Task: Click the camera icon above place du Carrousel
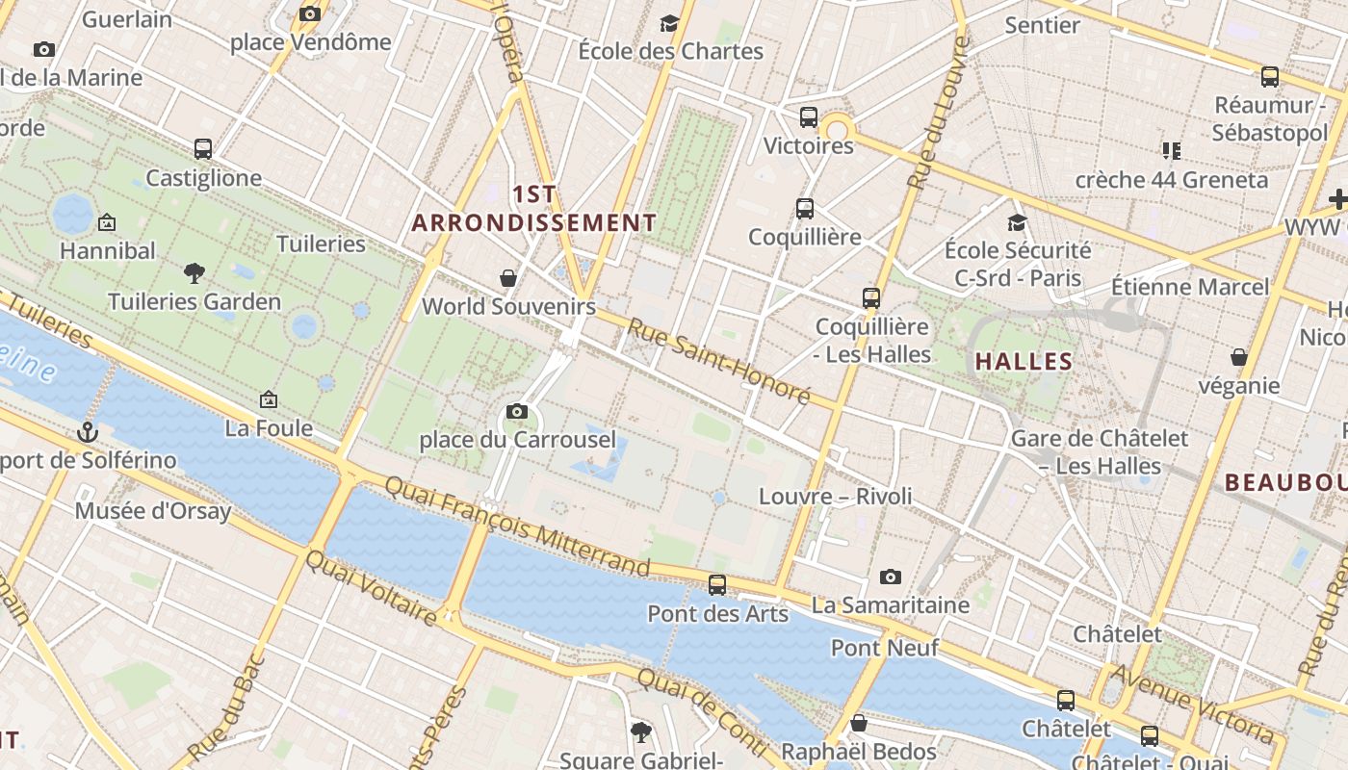517,412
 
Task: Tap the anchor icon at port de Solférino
88,432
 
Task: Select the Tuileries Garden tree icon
194,273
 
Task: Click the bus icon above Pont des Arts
717,585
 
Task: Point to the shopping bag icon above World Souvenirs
508,278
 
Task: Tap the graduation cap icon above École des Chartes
669,23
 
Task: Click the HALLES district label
1024,362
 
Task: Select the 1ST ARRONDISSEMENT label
534,209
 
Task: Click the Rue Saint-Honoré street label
718,362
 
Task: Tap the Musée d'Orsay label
153,510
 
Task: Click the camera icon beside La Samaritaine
891,577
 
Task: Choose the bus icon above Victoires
809,117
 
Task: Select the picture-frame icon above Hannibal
107,222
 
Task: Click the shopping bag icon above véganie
1239,357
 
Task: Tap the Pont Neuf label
884,648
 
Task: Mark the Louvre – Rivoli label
835,497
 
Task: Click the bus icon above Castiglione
203,149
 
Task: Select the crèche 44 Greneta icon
1171,150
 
